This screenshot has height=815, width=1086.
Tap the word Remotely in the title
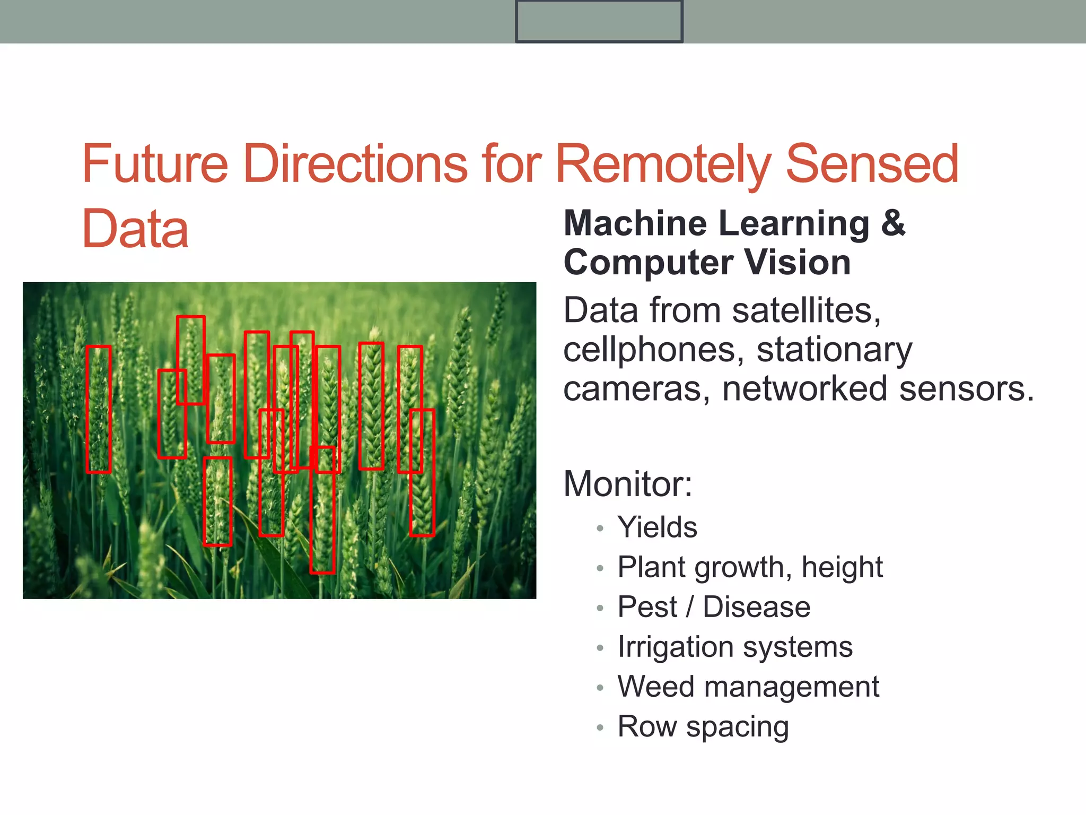click(x=663, y=164)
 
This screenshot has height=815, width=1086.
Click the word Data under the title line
click(x=135, y=229)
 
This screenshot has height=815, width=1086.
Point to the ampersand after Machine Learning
click(x=893, y=223)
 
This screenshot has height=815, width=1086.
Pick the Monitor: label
click(x=628, y=484)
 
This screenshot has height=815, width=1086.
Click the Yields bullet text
click(x=658, y=527)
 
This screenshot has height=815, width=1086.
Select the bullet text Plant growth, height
click(x=750, y=567)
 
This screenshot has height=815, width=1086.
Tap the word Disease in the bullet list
click(x=757, y=607)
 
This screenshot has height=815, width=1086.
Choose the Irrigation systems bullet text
click(x=735, y=647)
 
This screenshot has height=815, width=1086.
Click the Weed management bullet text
click(x=748, y=687)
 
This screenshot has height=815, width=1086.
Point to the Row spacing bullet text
click(x=703, y=726)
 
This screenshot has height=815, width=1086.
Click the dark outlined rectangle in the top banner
click(x=599, y=21)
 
